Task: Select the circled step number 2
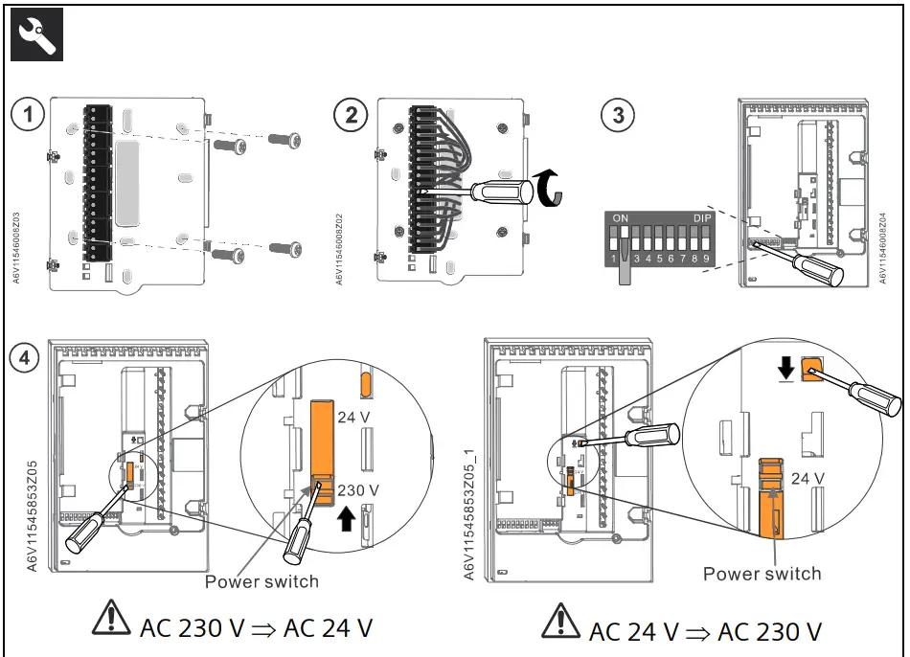coord(352,116)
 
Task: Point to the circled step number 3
coord(618,116)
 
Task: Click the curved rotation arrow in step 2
coord(547,186)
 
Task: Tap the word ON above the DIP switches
coord(621,218)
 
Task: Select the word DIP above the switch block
coord(702,218)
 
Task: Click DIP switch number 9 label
coord(706,259)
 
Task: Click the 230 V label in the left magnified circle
coord(358,489)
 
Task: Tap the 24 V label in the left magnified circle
coord(355,417)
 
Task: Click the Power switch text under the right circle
coord(762,574)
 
